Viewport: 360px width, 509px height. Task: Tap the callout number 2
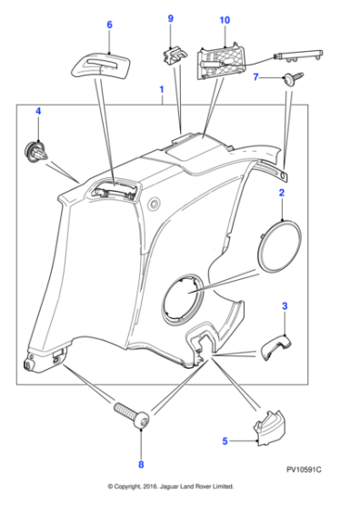(x=282, y=194)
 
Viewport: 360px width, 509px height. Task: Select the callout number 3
(x=285, y=308)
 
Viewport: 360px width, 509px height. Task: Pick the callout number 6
(x=109, y=25)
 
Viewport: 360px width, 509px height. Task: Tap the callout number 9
(x=169, y=18)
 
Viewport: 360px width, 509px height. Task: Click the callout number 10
(x=224, y=18)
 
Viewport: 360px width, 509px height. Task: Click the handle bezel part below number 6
(x=102, y=66)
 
